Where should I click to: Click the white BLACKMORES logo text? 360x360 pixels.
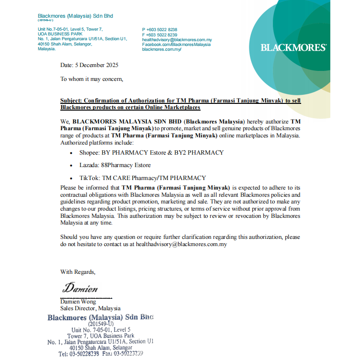point(293,47)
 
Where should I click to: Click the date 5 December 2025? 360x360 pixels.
point(89,65)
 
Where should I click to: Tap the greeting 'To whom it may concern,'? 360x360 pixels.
point(91,79)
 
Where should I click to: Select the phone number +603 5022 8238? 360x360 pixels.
point(160,30)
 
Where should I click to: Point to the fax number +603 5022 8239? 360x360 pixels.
point(160,35)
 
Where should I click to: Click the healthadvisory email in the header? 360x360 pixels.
point(177,40)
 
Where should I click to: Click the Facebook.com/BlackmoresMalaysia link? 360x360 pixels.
point(176,45)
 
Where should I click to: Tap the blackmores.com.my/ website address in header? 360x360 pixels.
point(162,49)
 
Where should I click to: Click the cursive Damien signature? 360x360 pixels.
point(80,289)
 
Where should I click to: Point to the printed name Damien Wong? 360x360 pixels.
point(78,302)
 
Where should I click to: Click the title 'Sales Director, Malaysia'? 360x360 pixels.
point(90,308)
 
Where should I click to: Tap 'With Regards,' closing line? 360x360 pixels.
point(78,272)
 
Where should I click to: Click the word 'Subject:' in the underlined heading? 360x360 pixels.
point(71,101)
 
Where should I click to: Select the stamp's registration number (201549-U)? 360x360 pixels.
point(101,324)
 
